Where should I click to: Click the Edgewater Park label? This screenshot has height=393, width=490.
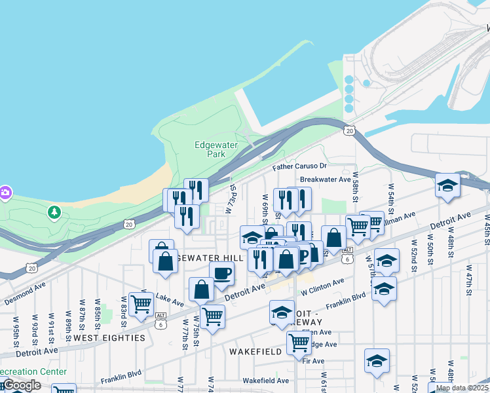coord(210,149)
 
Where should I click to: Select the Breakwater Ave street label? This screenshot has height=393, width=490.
coord(322,179)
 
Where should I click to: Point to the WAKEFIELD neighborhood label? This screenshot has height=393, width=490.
coord(255,352)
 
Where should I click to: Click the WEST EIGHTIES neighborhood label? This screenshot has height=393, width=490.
coord(109,338)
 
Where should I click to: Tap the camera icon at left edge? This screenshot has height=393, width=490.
coord(5,193)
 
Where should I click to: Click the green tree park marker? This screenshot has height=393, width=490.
coord(54,212)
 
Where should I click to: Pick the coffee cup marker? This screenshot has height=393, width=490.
coord(221,273)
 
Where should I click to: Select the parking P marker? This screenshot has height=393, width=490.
coord(302,255)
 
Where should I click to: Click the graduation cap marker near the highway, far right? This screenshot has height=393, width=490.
coord(447,185)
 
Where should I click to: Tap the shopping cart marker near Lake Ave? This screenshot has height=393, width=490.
coord(141,303)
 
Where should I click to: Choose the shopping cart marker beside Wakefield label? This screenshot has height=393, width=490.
coord(298,342)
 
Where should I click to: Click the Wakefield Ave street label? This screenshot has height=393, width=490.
coord(265,381)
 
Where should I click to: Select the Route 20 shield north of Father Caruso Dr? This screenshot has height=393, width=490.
coord(350,131)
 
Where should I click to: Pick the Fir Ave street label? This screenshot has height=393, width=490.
coord(314,361)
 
